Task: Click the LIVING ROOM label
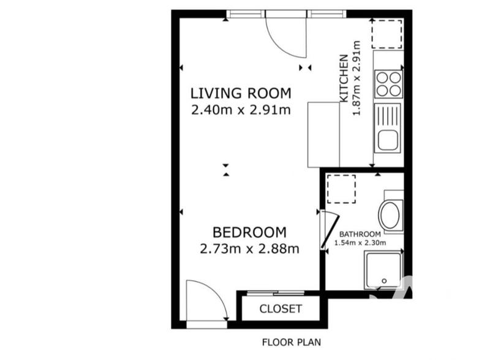(240, 94)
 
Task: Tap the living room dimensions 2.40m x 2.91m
(240, 110)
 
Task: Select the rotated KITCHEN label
(344, 78)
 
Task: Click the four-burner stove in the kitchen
(388, 84)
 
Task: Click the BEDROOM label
(249, 233)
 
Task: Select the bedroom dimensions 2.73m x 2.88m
(249, 249)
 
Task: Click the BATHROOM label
(360, 234)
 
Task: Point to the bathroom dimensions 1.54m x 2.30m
(360, 242)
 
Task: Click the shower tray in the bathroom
(383, 271)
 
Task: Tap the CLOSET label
(281, 309)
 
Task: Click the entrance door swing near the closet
(207, 300)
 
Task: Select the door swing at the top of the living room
(285, 34)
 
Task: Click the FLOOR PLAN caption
(291, 342)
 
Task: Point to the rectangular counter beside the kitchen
(323, 135)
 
